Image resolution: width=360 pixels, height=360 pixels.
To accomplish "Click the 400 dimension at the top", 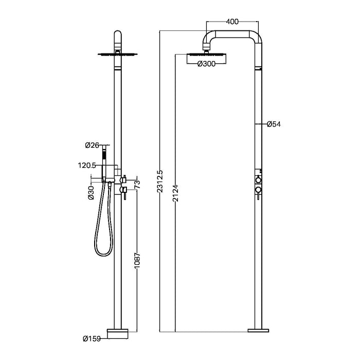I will [232, 22].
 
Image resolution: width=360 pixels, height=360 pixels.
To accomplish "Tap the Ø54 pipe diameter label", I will [274, 124].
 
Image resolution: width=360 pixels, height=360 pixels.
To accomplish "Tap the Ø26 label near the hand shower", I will [92, 145].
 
